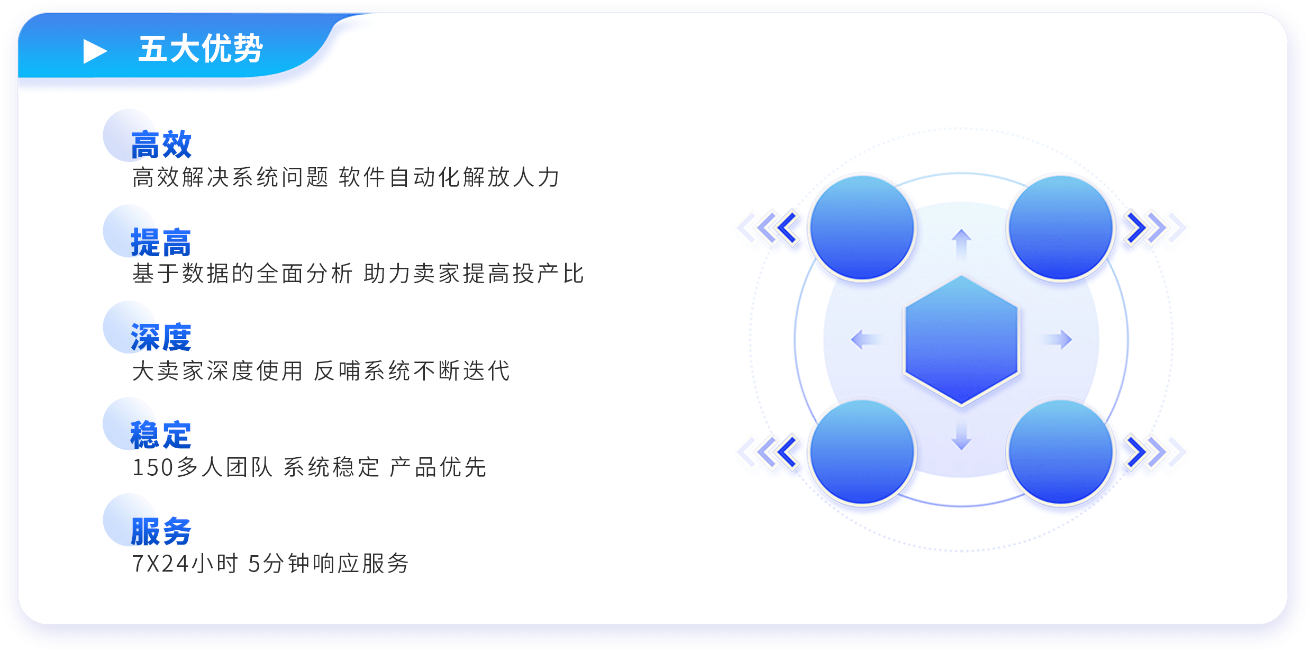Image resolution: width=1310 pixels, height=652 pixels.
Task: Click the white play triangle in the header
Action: (x=94, y=51)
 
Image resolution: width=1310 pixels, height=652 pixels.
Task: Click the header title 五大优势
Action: (x=201, y=49)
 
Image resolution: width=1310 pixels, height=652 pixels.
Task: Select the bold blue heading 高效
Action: (x=161, y=144)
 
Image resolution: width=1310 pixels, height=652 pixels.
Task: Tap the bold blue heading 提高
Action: (x=161, y=242)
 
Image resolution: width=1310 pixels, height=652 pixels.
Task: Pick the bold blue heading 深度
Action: (x=161, y=338)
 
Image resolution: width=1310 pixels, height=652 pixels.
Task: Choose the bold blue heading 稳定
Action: (x=161, y=435)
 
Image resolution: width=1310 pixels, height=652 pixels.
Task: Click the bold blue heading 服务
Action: (x=161, y=531)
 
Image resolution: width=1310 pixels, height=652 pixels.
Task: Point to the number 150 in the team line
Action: (x=153, y=468)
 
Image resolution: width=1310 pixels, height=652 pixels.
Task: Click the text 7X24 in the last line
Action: (x=160, y=564)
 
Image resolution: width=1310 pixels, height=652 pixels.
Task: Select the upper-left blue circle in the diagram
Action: (x=862, y=228)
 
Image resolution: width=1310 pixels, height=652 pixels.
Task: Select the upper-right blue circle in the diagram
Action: (x=1061, y=228)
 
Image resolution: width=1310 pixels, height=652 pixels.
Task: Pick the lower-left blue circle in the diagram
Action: (x=862, y=452)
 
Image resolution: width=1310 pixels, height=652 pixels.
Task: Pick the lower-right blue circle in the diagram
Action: (x=1061, y=452)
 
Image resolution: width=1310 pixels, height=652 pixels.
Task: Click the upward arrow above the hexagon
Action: (x=961, y=245)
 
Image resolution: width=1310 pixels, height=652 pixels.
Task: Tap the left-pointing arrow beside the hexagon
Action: (x=866, y=339)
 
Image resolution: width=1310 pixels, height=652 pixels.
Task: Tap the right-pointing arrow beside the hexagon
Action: (x=1057, y=339)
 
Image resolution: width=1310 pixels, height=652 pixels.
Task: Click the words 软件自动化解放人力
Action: (x=449, y=177)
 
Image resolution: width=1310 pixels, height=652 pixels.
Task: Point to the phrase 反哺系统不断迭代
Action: (x=412, y=371)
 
